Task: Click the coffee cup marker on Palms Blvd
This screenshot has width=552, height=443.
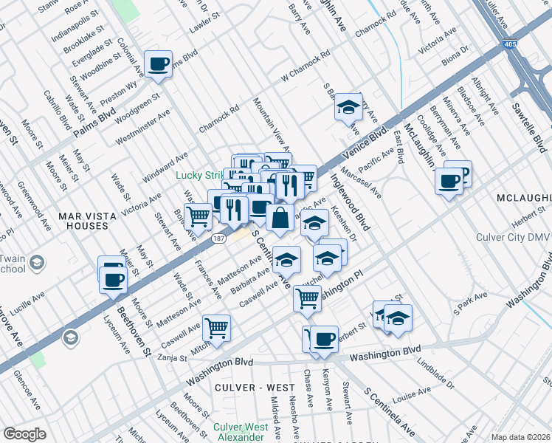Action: [159, 65]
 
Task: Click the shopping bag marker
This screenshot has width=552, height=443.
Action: [281, 219]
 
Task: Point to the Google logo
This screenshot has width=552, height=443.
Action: [24, 433]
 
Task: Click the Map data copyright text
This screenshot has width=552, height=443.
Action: [520, 437]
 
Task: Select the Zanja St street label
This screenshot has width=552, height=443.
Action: [173, 357]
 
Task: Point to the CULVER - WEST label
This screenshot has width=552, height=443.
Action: [247, 387]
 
